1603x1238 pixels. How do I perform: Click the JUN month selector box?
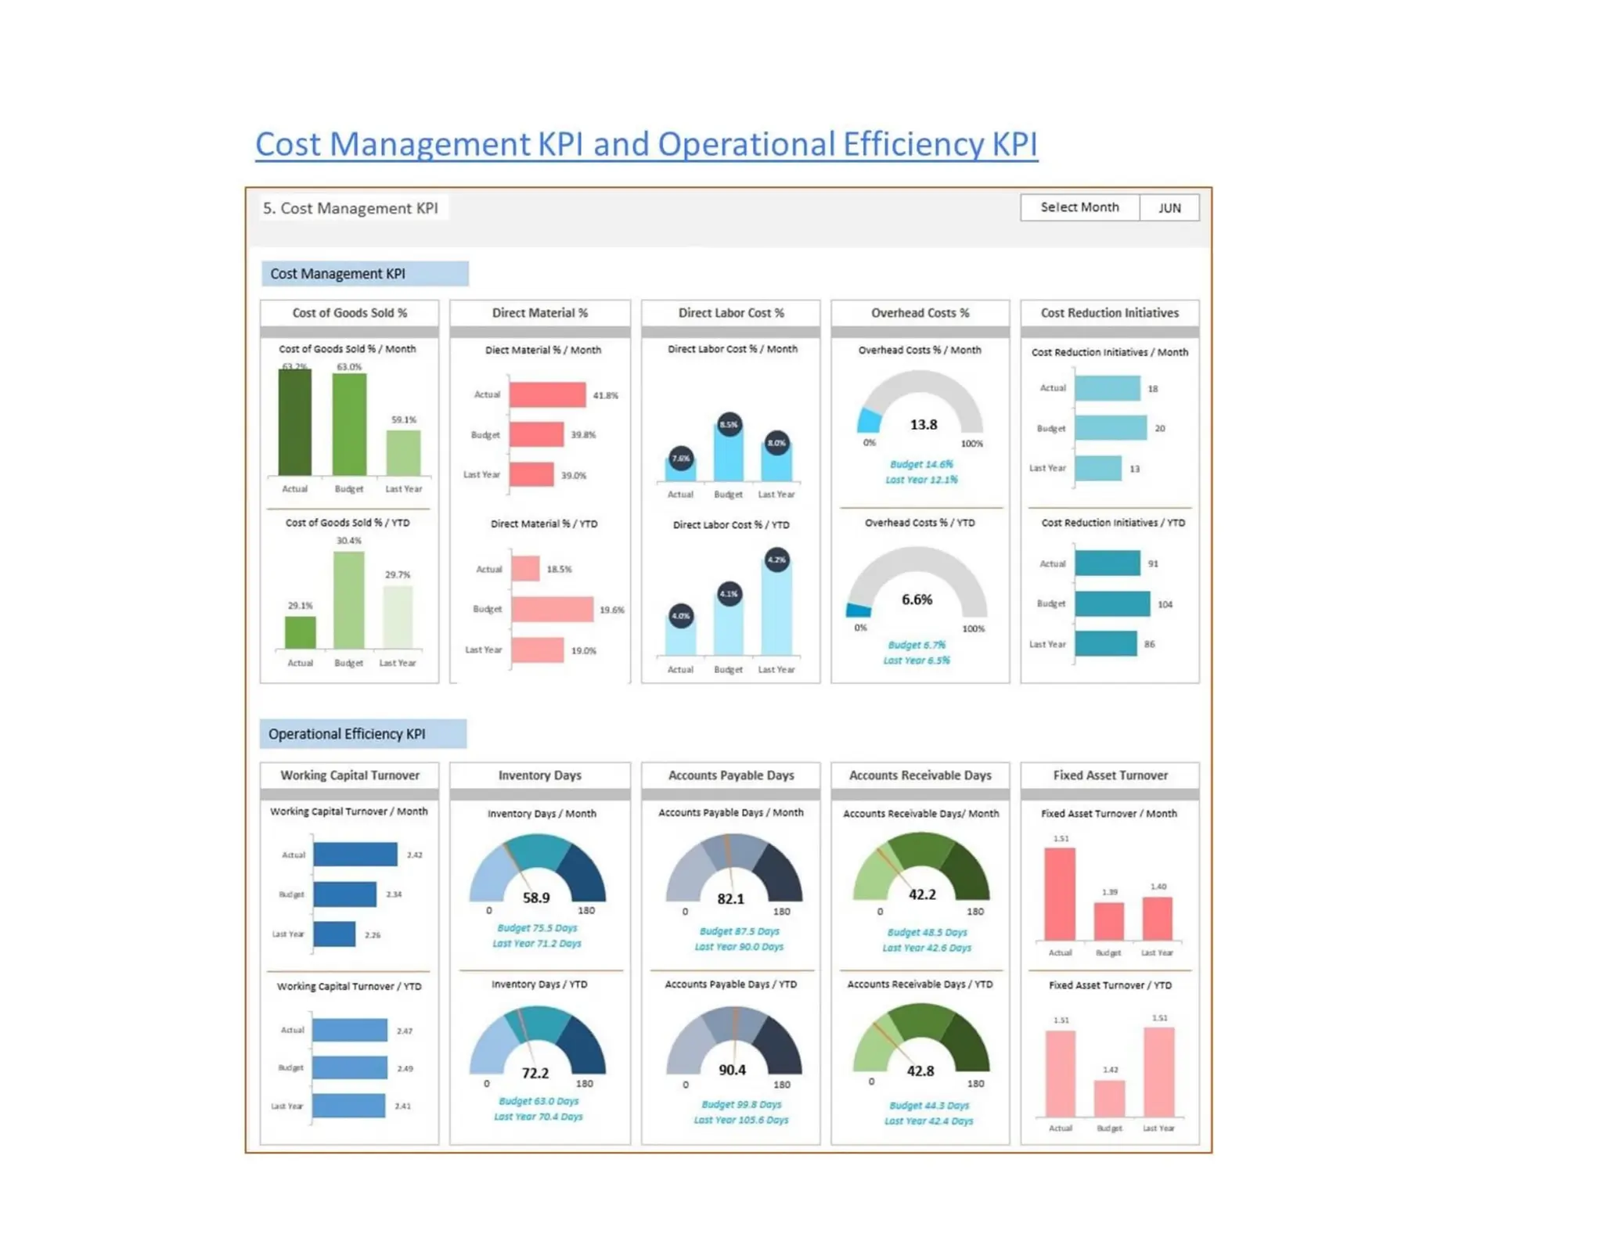coord(1169,207)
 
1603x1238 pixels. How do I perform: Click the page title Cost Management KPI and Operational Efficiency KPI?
coord(646,144)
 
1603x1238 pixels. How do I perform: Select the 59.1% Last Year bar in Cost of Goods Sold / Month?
coord(403,452)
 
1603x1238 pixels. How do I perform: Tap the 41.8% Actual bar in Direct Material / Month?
coord(547,394)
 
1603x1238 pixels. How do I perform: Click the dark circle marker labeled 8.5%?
coord(729,424)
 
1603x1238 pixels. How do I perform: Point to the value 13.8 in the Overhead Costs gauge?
coord(923,424)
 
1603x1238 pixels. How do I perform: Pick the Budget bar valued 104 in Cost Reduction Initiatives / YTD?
coord(1111,603)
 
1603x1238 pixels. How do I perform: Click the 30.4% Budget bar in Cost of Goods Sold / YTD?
coord(348,599)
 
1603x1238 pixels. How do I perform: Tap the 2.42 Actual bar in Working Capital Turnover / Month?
coord(355,854)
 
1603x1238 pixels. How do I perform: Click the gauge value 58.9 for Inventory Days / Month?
coord(536,898)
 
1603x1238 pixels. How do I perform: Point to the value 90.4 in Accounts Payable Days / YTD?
coord(732,1070)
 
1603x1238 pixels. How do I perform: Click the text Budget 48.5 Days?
coord(927,932)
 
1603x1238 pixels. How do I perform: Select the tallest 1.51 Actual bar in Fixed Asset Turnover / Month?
coord(1060,894)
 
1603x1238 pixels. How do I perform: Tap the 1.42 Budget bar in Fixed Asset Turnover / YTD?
coord(1109,1098)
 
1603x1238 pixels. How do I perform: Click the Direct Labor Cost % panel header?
coord(730,312)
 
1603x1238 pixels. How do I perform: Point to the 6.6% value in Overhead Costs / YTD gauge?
coord(917,599)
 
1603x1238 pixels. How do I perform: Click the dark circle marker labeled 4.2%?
coord(776,560)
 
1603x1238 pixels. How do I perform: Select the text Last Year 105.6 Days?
coord(740,1120)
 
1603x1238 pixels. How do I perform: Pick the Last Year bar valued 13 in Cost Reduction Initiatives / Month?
coord(1097,468)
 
